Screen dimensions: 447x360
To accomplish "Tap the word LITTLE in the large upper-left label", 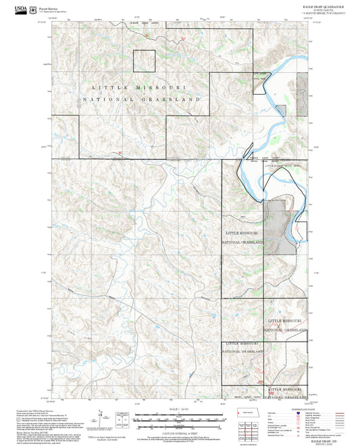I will [x=110, y=88].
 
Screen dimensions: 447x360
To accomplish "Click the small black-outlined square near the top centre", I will [x=144, y=61].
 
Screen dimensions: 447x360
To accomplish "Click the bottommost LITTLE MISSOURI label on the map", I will [x=285, y=390].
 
